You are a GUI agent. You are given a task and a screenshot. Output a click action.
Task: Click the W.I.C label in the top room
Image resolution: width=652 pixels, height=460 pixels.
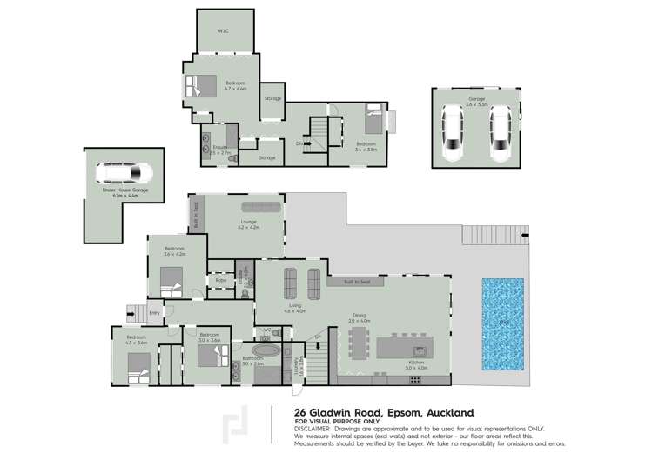(223, 30)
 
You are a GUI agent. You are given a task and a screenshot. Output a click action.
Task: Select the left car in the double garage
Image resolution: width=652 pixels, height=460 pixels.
(452, 133)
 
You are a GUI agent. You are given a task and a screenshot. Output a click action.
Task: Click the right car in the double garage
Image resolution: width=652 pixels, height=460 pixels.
(500, 133)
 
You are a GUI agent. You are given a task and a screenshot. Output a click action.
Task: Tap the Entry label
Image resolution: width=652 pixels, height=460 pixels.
(155, 313)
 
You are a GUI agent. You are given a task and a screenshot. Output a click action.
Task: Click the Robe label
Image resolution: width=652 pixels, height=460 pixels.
(221, 281)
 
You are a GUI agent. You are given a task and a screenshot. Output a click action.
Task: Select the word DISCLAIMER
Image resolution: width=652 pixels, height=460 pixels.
(311, 429)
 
